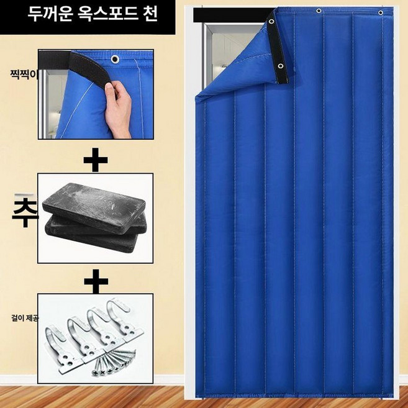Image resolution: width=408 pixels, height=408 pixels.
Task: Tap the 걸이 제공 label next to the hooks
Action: coord(24,318)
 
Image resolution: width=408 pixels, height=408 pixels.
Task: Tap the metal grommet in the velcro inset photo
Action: coord(116,59)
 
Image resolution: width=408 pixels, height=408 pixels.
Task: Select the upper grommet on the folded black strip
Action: coord(271,22)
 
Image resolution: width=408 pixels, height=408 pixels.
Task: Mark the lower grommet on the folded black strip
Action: coord(281,66)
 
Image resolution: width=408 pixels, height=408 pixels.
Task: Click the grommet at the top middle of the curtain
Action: coord(319,11)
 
